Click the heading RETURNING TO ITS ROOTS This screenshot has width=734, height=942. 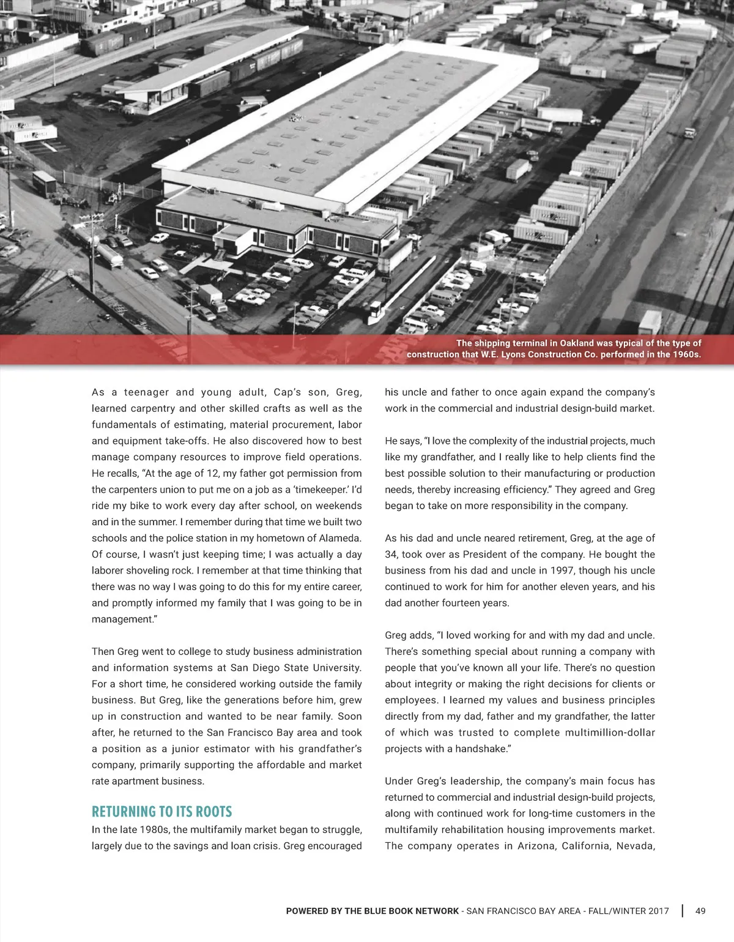[161, 812]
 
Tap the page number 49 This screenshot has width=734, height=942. [700, 911]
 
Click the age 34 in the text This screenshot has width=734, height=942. [391, 555]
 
